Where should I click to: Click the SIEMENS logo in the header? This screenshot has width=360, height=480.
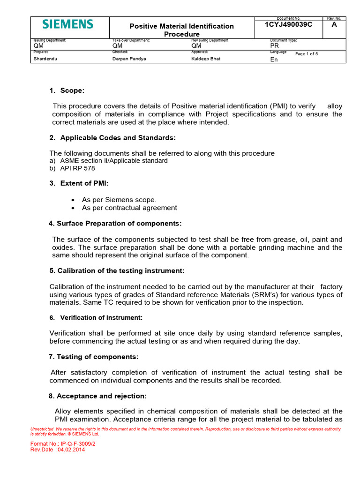point(68,24)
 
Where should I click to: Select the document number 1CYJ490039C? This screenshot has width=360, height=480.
point(288,25)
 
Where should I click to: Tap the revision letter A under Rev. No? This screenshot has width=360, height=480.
point(334,25)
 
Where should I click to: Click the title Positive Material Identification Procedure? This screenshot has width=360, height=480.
point(181,30)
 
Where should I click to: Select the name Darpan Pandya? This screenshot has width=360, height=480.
point(129,59)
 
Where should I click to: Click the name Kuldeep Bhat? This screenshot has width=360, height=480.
point(206,59)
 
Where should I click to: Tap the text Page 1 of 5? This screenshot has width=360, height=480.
point(307,54)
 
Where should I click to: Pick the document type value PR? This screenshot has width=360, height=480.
point(275,46)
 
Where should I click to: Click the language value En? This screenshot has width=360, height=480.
point(274,60)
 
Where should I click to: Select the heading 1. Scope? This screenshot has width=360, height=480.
point(67,90)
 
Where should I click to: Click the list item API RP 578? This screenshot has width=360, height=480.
point(74,168)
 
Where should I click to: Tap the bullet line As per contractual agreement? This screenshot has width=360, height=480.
point(129,208)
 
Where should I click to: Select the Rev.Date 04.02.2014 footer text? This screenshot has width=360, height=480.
point(58,450)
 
